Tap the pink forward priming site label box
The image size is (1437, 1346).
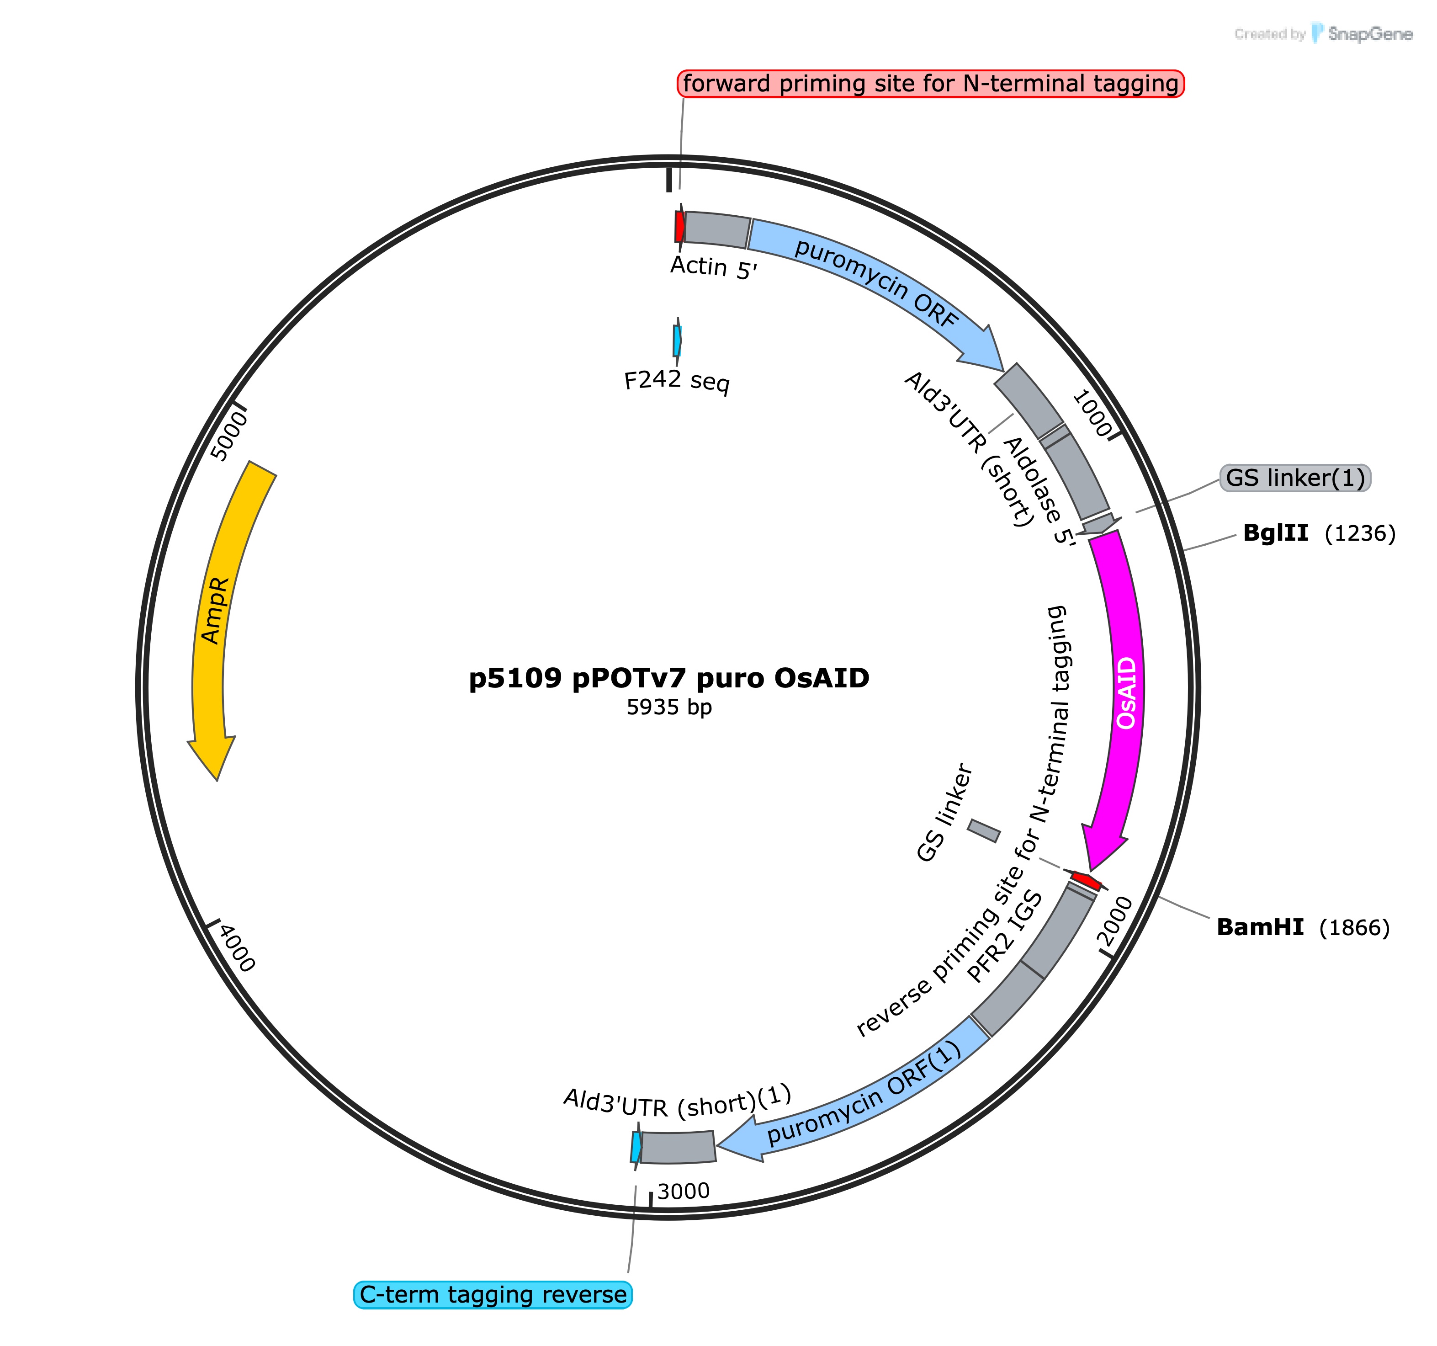pyautogui.click(x=930, y=84)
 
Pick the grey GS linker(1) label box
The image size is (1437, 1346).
pyautogui.click(x=1295, y=478)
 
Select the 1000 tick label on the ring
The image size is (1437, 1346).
pyautogui.click(x=1092, y=414)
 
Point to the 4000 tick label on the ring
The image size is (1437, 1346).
pyautogui.click(x=237, y=948)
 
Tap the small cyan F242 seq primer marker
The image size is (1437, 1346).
pyautogui.click(x=677, y=340)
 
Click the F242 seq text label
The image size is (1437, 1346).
pyautogui.click(x=677, y=380)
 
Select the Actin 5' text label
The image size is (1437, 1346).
pyautogui.click(x=713, y=267)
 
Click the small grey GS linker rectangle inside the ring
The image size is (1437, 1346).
pyautogui.click(x=984, y=830)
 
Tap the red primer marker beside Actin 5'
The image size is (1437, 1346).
pyautogui.click(x=679, y=226)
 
